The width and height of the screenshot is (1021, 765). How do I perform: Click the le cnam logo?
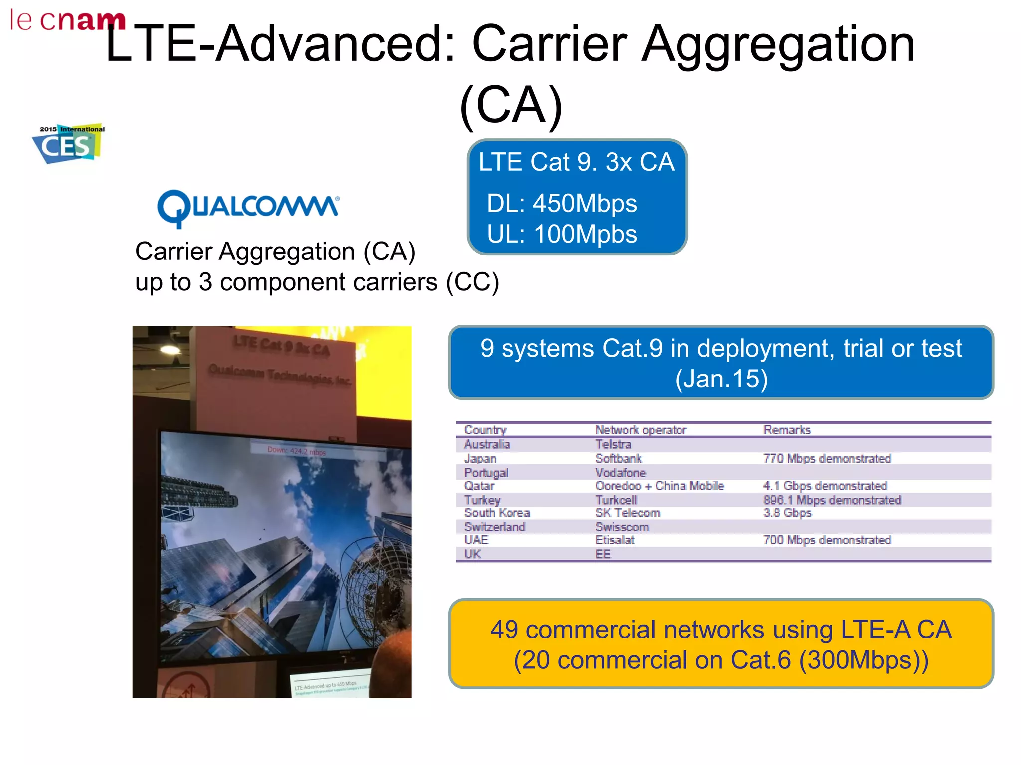[67, 20]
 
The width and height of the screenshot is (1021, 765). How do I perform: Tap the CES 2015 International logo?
[69, 143]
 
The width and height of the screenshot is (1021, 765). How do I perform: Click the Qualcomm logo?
[248, 208]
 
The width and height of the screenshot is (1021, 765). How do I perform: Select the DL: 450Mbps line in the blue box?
[561, 204]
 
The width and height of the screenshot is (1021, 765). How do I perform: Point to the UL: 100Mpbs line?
[561, 234]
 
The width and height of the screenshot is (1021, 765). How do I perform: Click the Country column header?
[485, 430]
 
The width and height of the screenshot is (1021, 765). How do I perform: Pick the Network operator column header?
[640, 430]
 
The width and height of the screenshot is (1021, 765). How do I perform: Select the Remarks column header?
[787, 430]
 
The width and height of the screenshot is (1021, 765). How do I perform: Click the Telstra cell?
[613, 444]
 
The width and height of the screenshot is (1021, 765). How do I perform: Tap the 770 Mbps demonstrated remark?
[827, 458]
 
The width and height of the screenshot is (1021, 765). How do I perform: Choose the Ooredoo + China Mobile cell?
[659, 486]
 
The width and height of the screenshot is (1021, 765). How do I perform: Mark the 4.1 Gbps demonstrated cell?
[825, 486]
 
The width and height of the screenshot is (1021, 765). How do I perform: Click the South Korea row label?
[497, 513]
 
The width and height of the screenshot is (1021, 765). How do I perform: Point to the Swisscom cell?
[622, 527]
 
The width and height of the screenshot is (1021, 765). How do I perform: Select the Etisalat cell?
[614, 540]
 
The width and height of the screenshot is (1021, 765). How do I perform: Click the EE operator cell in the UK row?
[602, 554]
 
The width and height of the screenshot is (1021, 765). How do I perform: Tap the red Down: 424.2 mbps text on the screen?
[296, 451]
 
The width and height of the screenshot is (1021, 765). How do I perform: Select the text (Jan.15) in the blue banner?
[721, 379]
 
